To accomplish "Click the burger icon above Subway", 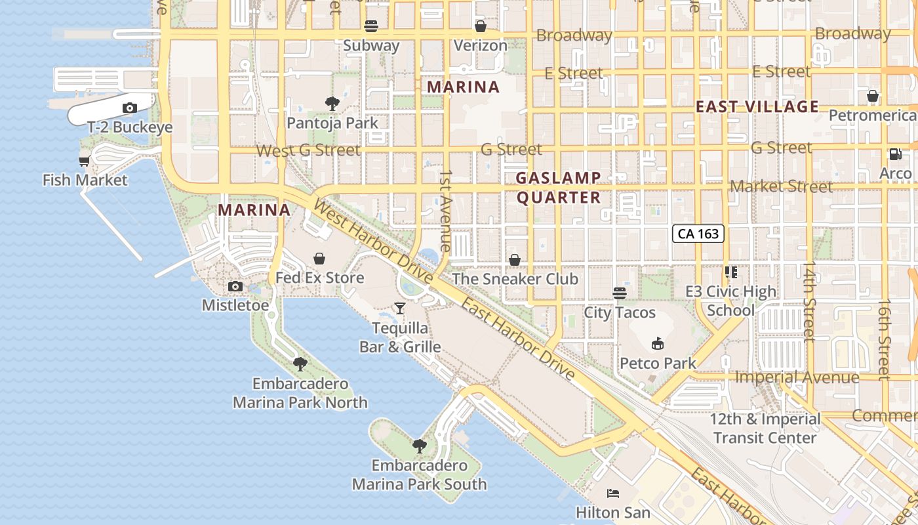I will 371,26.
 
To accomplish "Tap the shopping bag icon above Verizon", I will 481,26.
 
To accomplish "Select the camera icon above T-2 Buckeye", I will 130,108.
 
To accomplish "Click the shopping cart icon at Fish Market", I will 84,161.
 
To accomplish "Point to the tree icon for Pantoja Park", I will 332,103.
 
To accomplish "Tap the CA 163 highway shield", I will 698,234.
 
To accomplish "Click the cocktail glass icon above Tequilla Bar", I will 400,308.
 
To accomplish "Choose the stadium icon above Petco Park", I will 658,343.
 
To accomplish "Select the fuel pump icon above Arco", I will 895,154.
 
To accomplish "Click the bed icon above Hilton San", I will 613,493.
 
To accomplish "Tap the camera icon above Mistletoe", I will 235,286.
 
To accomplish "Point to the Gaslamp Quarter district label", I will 558,188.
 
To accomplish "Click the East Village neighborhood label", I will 757,106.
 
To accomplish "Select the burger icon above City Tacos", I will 620,293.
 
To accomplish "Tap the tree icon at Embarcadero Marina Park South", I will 420,446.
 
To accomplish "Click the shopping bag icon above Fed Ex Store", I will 319,259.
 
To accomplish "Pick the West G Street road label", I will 308,150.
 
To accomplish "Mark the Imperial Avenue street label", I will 797,377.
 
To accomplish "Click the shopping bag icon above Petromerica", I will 873,96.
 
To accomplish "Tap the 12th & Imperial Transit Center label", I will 765,429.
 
